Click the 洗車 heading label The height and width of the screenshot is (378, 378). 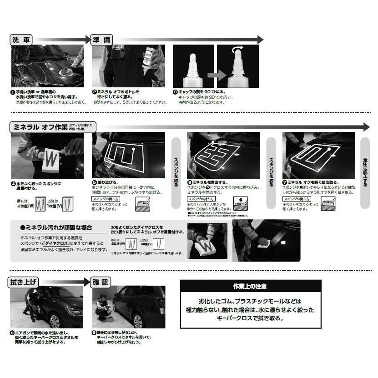pyautogui.click(x=21, y=40)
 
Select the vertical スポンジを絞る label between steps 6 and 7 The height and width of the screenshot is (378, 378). pyautogui.click(x=271, y=169)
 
